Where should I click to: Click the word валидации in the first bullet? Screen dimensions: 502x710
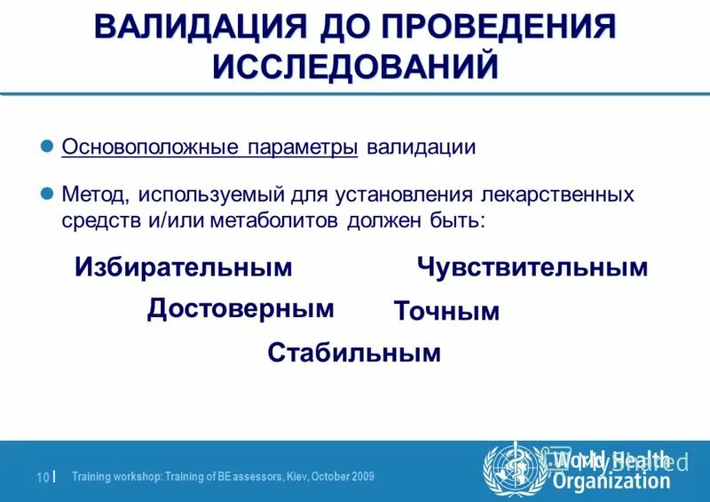pyautogui.click(x=422, y=147)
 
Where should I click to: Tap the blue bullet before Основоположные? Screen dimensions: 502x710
pyautogui.click(x=50, y=147)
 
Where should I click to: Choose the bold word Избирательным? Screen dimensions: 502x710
pyautogui.click(x=184, y=267)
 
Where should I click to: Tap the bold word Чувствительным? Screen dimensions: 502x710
pyautogui.click(x=532, y=267)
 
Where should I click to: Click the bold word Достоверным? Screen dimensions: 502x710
pyautogui.click(x=241, y=308)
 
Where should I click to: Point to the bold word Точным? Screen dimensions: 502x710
pyautogui.click(x=446, y=311)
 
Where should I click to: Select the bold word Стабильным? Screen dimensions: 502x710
pyautogui.click(x=354, y=353)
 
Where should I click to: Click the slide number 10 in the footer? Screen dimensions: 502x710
pyautogui.click(x=42, y=477)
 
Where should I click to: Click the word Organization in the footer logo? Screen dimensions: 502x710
pyautogui.click(x=611, y=482)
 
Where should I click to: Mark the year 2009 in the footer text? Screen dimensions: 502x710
pyautogui.click(x=361, y=477)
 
